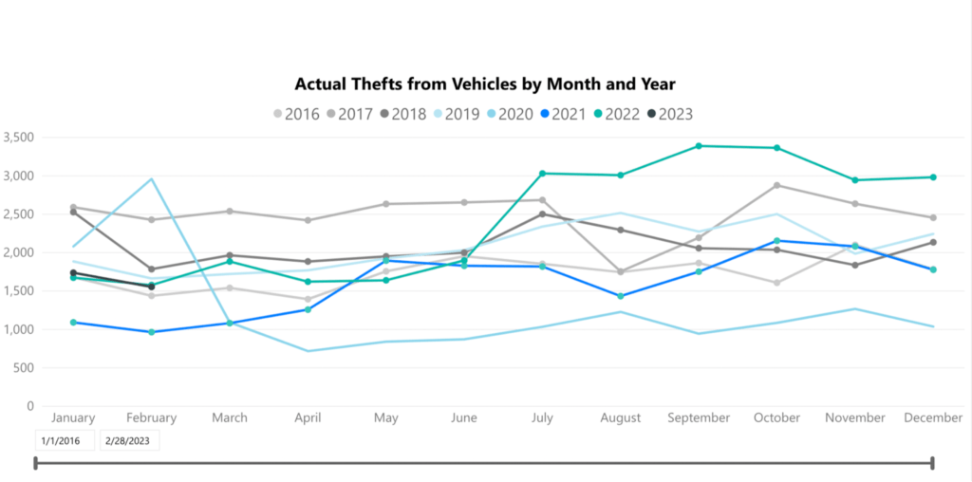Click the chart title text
click(485, 84)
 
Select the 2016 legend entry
click(295, 114)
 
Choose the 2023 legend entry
click(667, 114)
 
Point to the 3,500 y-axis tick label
click(19, 137)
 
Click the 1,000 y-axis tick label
click(19, 329)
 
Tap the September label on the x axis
click(699, 417)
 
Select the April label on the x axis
click(308, 417)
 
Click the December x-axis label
click(932, 417)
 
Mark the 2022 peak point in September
click(699, 146)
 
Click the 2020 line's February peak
click(152, 178)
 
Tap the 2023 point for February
click(152, 287)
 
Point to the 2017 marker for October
click(776, 185)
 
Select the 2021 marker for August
click(620, 296)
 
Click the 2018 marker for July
click(542, 213)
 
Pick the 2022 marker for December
click(933, 177)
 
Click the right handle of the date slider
click(933, 463)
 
